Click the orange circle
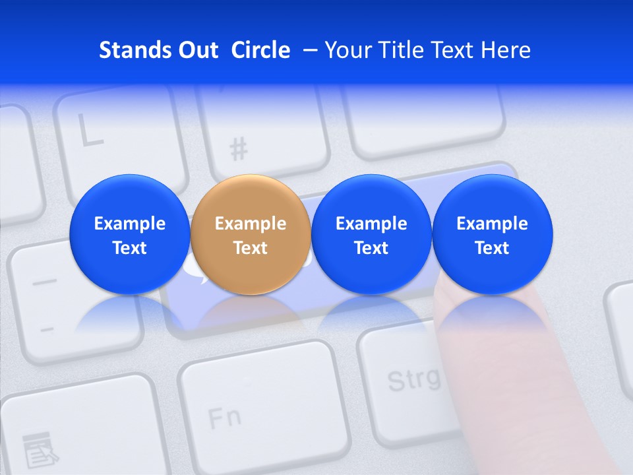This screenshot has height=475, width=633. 251,234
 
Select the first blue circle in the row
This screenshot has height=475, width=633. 129,234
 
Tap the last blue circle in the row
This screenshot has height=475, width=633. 493,234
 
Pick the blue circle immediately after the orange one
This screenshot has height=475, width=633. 371,234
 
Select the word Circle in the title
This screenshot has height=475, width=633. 260,50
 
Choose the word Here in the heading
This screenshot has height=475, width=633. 506,50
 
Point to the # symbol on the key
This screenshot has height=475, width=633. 239,150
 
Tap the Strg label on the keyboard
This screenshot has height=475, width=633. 413,379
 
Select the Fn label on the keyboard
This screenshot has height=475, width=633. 224,417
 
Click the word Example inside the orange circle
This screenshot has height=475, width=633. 251,224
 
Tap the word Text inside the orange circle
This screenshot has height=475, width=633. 251,248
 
